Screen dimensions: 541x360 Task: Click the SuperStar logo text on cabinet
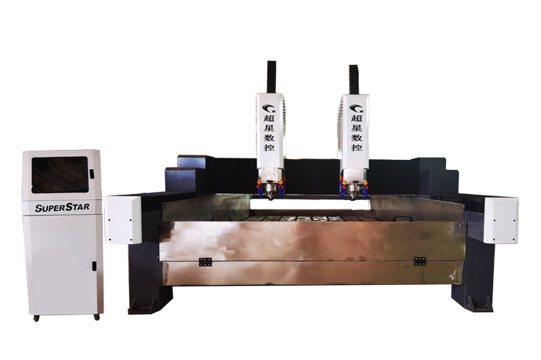coord(62,207)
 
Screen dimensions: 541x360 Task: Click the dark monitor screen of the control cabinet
coord(60,175)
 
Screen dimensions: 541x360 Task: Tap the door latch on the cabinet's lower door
coord(94,267)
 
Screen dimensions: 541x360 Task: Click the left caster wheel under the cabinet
coord(36,318)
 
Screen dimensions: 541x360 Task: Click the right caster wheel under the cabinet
coord(97,317)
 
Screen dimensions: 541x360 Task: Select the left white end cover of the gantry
coord(123,219)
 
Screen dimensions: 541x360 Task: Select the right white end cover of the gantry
coord(501,220)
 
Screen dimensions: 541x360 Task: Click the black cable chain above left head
coord(271,77)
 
